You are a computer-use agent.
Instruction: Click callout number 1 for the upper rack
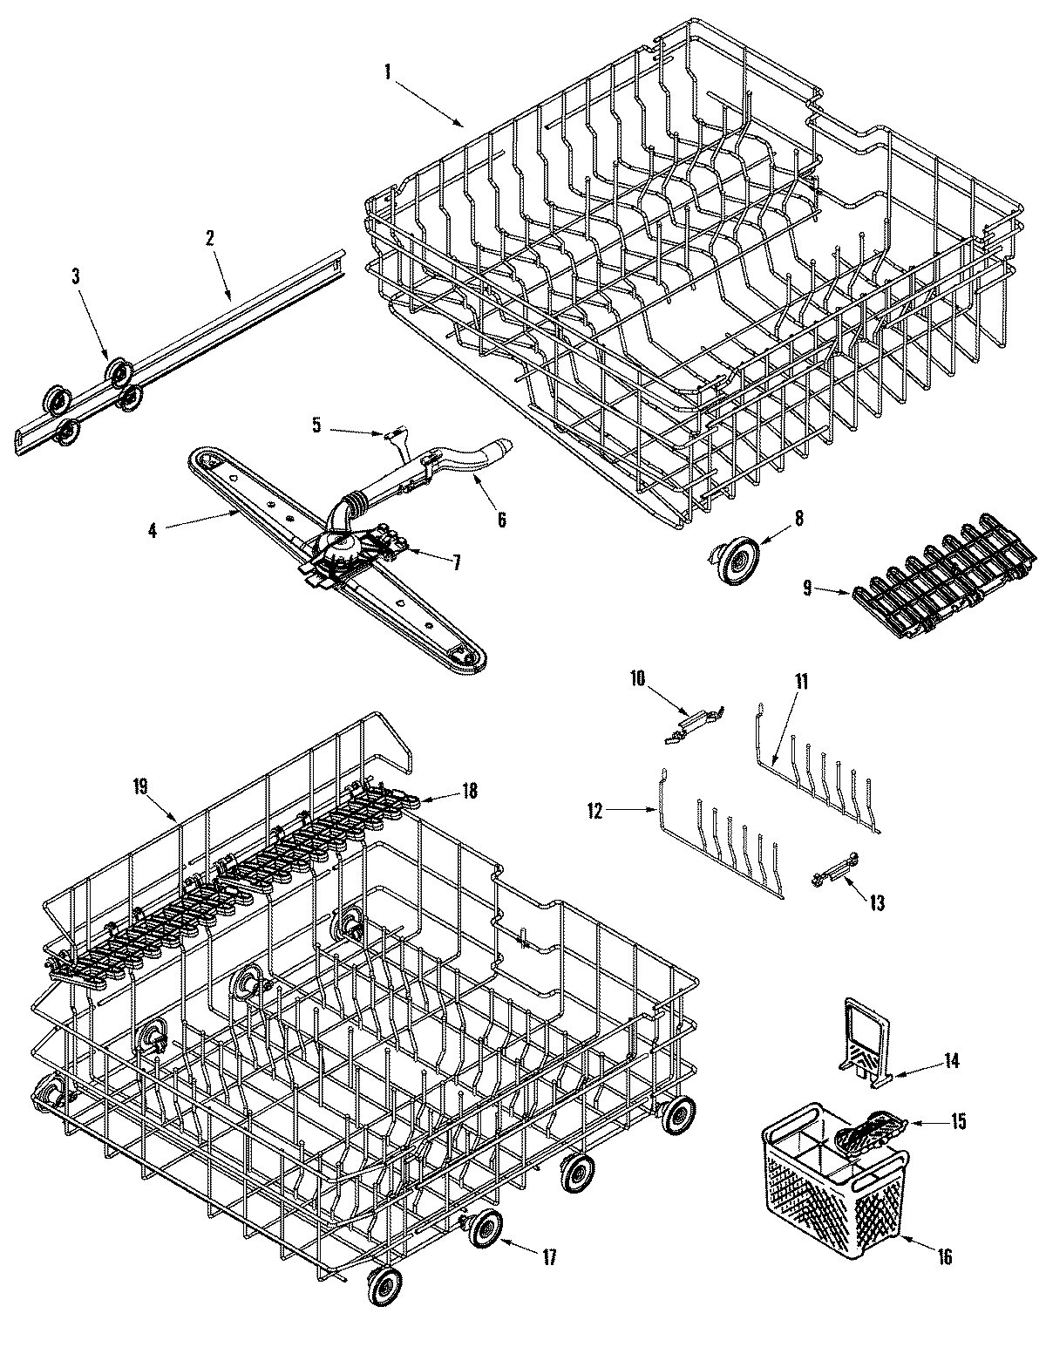387,72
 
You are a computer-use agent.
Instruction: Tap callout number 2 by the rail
210,238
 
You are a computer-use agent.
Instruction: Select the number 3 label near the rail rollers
75,276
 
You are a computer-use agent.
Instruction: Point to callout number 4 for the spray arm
152,529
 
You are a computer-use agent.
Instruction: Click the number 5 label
316,425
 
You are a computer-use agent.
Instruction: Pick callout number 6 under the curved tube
501,519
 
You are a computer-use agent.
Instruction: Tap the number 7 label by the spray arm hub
455,562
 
